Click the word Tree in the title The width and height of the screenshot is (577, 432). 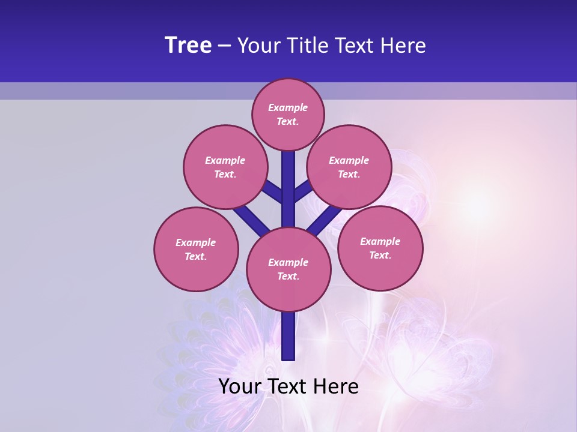pos(188,46)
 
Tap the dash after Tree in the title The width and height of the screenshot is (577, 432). pos(224,46)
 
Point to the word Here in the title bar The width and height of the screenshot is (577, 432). pos(405,46)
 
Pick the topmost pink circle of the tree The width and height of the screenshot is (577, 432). pos(288,114)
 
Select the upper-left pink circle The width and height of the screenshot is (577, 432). pos(225,167)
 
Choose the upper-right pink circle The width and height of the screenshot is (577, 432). pos(349,167)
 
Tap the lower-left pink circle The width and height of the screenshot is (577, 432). pos(196,249)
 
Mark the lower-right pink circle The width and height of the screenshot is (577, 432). pos(380,248)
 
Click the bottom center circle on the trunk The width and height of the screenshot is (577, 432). pos(288,269)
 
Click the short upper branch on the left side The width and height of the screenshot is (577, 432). pos(273,191)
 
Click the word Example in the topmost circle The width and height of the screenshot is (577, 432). pos(288,107)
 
